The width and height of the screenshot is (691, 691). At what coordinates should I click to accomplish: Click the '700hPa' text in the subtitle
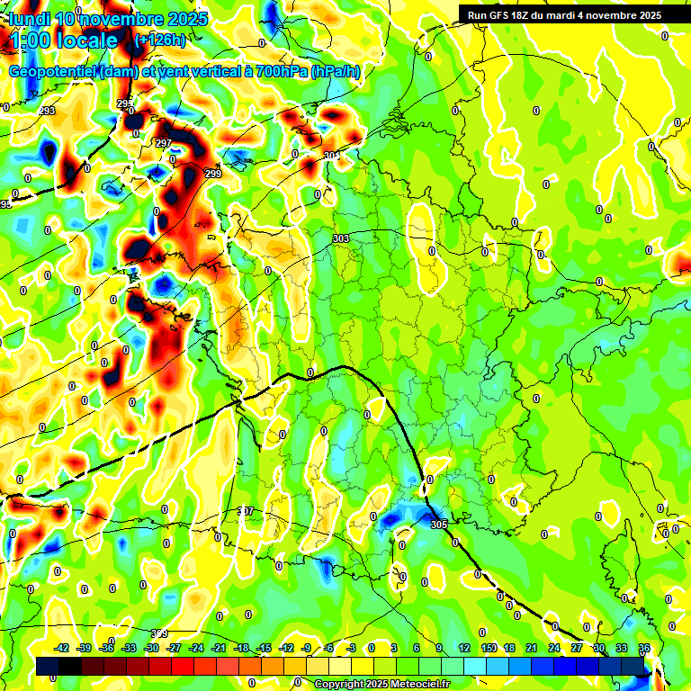click(x=277, y=71)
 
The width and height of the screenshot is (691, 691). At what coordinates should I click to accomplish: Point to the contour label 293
click(x=47, y=111)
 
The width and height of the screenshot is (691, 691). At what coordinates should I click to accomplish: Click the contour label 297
click(x=163, y=144)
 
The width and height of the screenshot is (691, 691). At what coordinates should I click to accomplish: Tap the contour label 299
click(x=212, y=174)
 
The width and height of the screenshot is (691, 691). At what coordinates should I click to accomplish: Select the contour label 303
click(x=340, y=238)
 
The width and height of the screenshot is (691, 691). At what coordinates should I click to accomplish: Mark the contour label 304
click(x=331, y=157)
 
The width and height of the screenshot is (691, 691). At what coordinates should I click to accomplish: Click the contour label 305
click(x=438, y=525)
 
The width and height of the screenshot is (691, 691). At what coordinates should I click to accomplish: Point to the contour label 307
click(x=246, y=511)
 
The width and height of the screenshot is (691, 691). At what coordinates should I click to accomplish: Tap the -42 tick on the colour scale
click(x=61, y=648)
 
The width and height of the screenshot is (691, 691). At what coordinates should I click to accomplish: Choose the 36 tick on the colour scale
click(x=644, y=648)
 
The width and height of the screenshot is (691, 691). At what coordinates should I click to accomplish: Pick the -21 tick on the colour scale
click(x=219, y=648)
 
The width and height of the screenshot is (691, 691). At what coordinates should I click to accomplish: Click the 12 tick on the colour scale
click(x=464, y=648)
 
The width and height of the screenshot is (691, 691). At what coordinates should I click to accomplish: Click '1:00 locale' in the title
click(x=59, y=40)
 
